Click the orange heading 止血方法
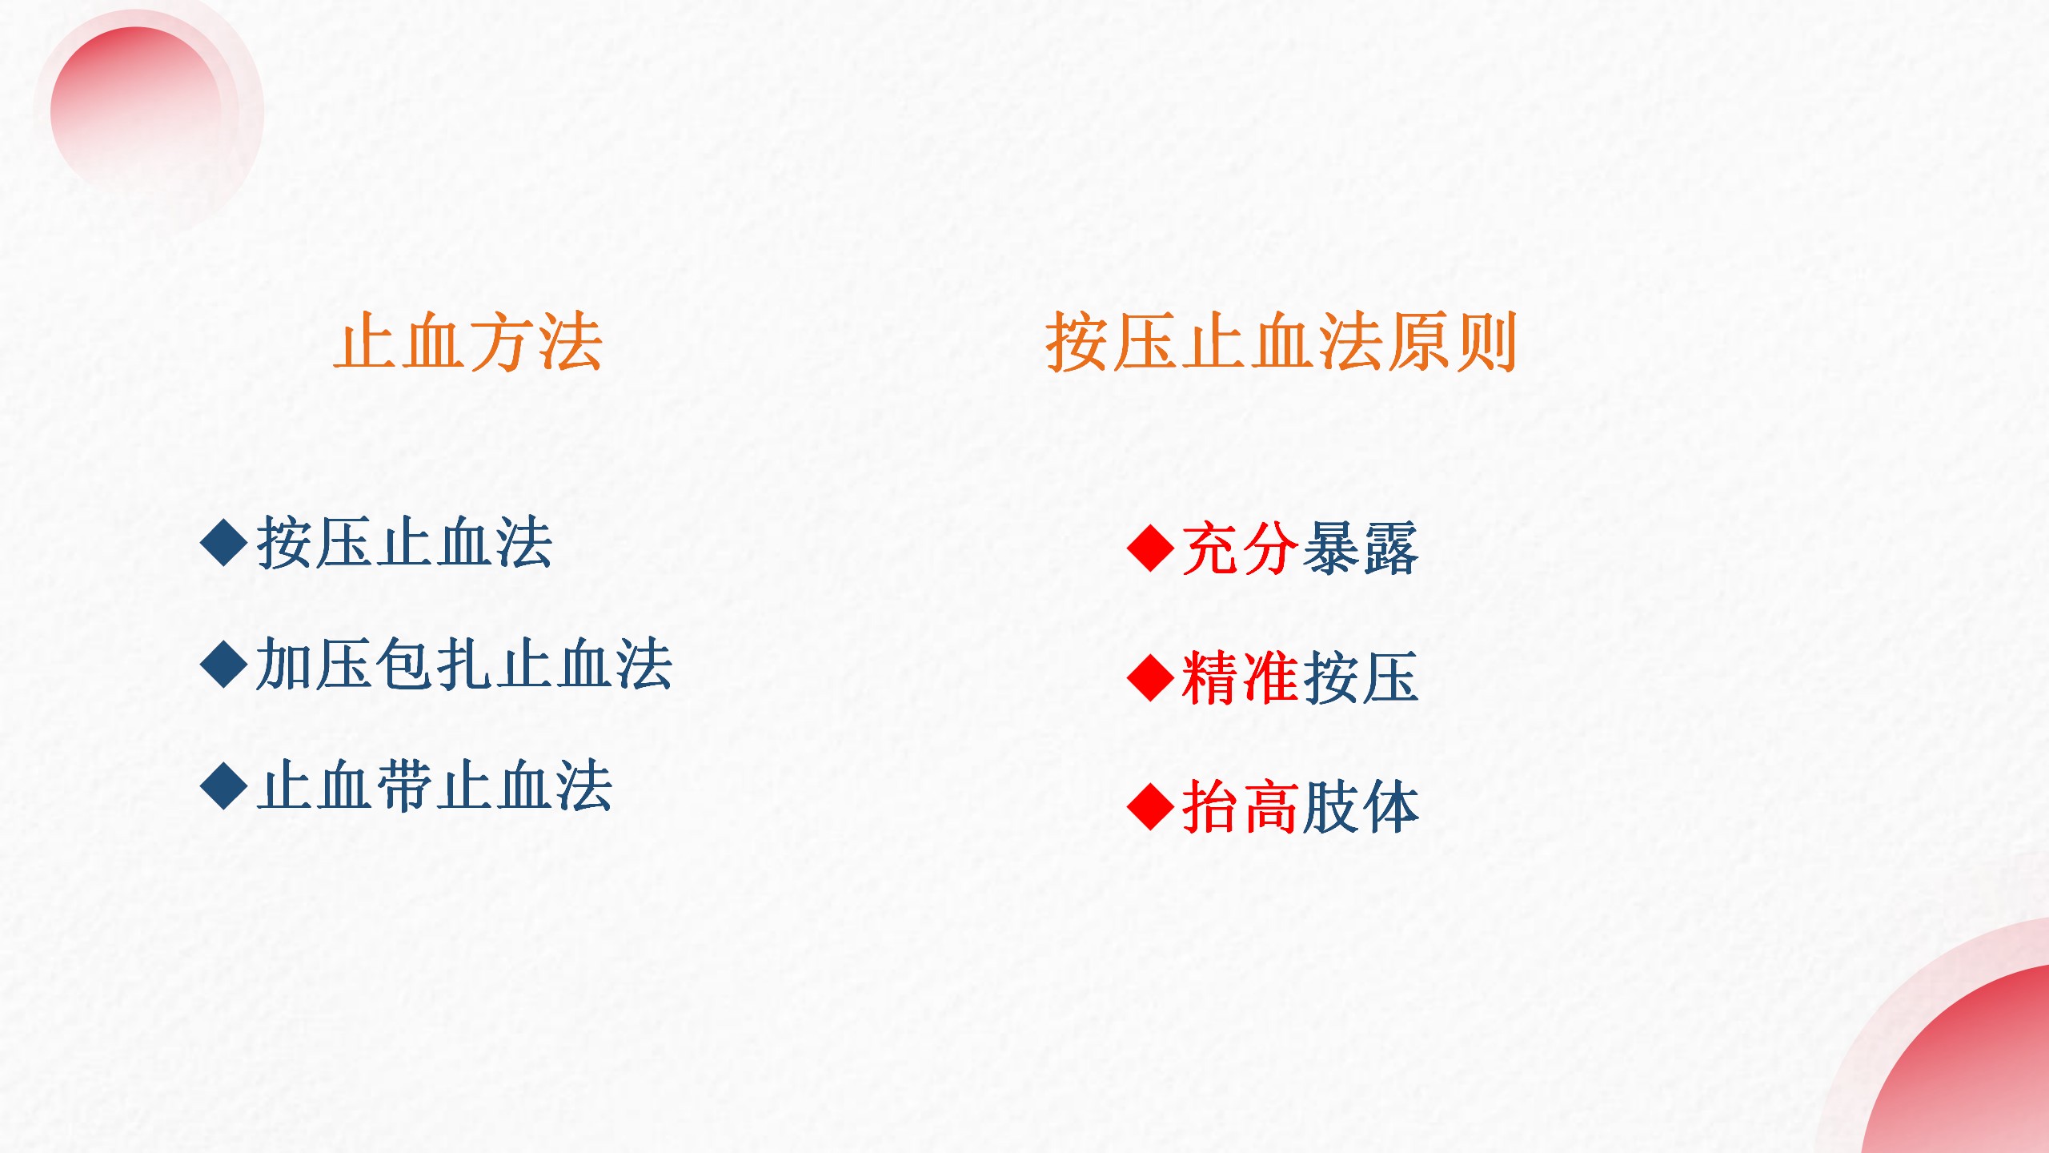click(468, 342)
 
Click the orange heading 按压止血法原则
click(1281, 342)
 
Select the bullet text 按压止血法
click(404, 543)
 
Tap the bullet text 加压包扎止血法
click(464, 664)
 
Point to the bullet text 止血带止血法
click(435, 786)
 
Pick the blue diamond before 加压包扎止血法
click(224, 664)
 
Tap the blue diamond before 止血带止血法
click(224, 786)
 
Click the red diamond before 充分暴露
click(1150, 548)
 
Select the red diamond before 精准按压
click(1150, 677)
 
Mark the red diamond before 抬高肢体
click(1150, 807)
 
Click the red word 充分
click(1240, 548)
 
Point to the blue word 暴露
click(1360, 548)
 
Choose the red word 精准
click(1240, 677)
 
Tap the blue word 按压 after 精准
click(1360, 677)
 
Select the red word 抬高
click(1240, 807)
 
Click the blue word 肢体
click(1360, 807)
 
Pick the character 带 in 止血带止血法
click(406, 786)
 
